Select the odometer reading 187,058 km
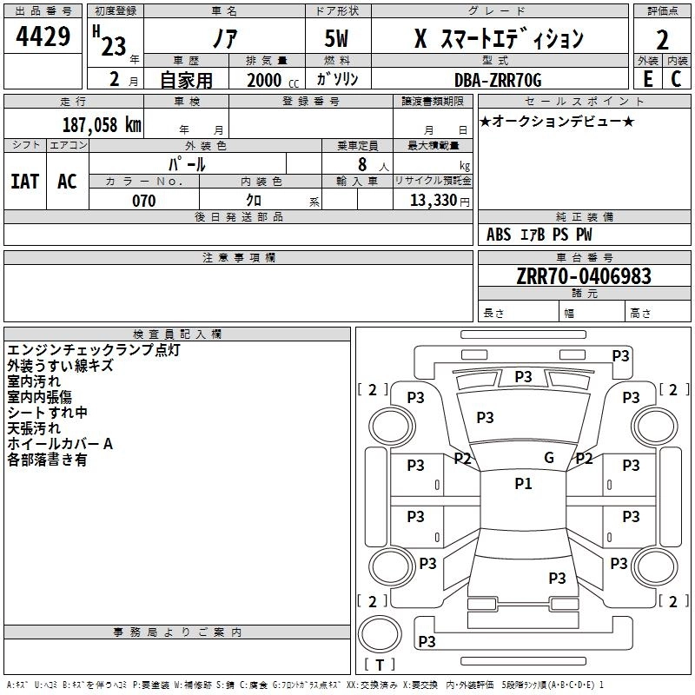tap(101, 124)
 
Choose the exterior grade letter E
tap(647, 79)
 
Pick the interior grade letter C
tap(676, 79)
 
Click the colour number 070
tap(143, 201)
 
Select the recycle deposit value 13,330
tap(432, 201)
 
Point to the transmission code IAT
tap(25, 182)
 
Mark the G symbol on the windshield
tap(549, 458)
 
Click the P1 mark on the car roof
tap(523, 484)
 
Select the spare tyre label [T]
tap(380, 665)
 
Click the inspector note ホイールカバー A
tap(60, 444)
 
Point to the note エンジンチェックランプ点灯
tap(93, 350)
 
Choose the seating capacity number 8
tap(361, 163)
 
